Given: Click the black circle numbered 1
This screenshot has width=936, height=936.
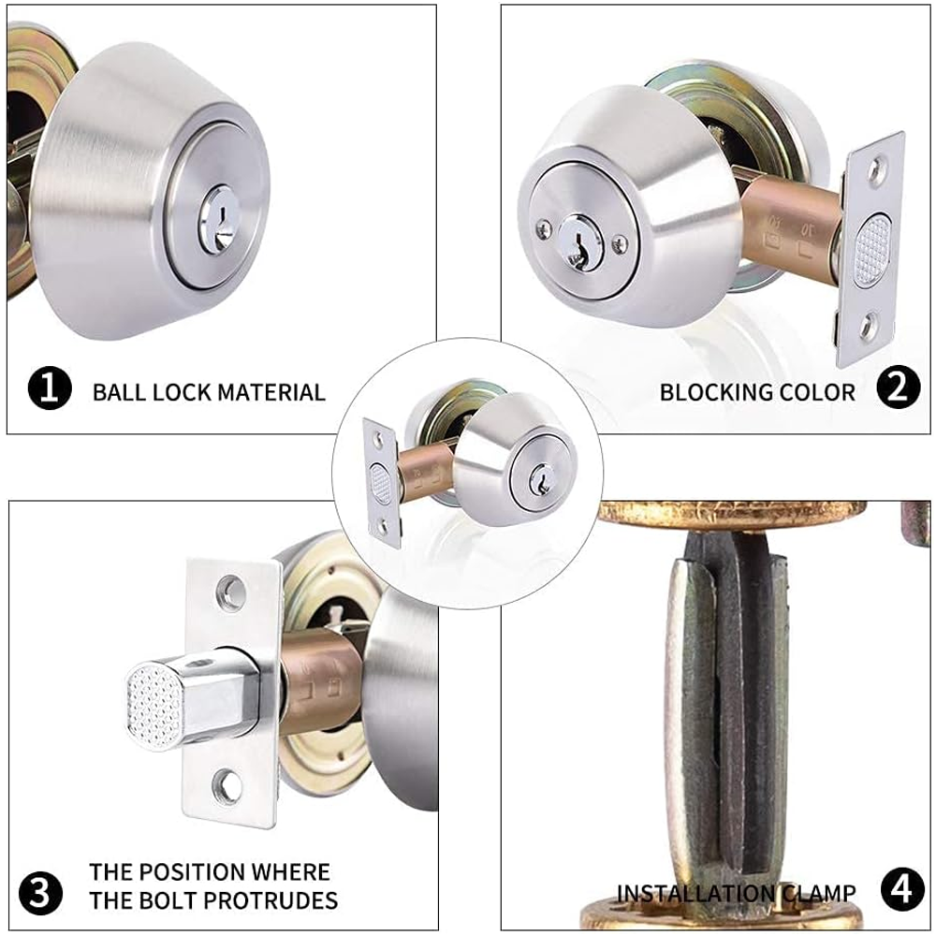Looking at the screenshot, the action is pyautogui.click(x=50, y=388).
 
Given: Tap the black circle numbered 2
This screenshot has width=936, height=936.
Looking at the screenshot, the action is pyautogui.click(x=899, y=388).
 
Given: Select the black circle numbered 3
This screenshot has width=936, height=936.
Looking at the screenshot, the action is pyautogui.click(x=40, y=894).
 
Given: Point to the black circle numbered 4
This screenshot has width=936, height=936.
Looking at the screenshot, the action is pyautogui.click(x=902, y=889).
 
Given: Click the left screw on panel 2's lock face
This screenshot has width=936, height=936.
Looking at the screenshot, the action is pyautogui.click(x=544, y=227).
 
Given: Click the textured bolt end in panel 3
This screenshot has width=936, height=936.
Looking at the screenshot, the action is pyautogui.click(x=154, y=706).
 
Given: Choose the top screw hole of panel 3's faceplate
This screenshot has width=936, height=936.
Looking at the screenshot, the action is pyautogui.click(x=231, y=590).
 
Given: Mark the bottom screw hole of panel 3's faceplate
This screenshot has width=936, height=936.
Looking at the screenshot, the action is pyautogui.click(x=227, y=784).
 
